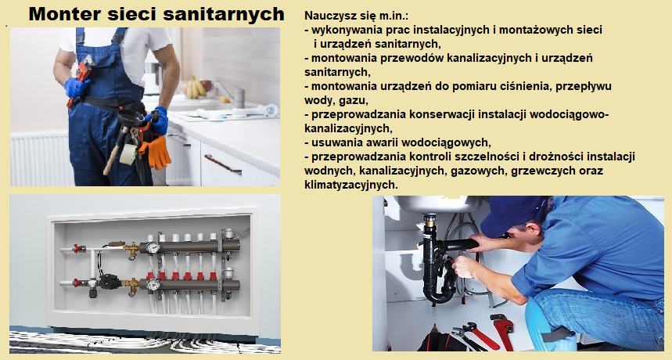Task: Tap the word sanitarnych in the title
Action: [224, 14]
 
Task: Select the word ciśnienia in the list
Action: [530, 86]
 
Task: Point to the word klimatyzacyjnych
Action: [351, 185]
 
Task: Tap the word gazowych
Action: [479, 171]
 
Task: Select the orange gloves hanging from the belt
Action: [156, 151]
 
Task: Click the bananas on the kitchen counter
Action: [196, 88]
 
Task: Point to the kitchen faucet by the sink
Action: [232, 93]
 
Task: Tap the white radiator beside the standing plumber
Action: [39, 159]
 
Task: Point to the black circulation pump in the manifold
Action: [108, 282]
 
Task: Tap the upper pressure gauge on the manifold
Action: [152, 247]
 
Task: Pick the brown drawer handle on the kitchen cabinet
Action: [222, 164]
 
